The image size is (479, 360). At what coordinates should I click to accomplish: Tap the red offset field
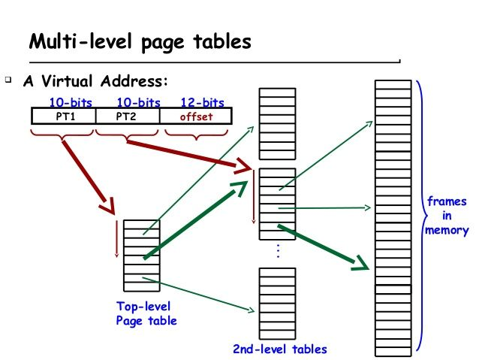[x=196, y=116]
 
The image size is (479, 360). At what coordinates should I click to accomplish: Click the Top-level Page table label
[x=146, y=313]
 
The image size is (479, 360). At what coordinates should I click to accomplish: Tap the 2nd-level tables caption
[x=280, y=349]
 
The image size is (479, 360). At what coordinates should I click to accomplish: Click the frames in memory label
[x=446, y=216]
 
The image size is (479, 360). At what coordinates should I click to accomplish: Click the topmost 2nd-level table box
[x=277, y=123]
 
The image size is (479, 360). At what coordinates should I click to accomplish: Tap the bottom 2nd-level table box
[x=277, y=304]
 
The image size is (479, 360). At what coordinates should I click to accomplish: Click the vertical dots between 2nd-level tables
[x=278, y=251]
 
